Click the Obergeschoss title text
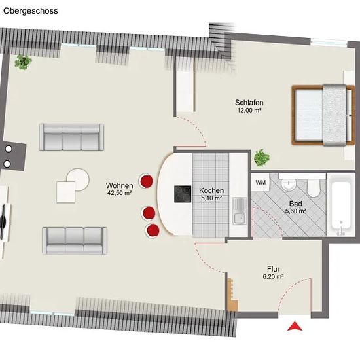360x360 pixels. pos(31,11)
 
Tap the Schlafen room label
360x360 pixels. pos(249,102)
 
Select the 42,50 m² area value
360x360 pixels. pos(119,193)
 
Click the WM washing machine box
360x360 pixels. pos(261,183)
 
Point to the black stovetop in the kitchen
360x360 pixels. pos(183,194)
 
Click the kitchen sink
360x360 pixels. pos(240,211)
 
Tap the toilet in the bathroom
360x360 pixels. pos(314,188)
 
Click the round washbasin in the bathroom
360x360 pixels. pos(289,185)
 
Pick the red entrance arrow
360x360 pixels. pos(295,326)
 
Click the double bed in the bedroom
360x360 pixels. pos(323,115)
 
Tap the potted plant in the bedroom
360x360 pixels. pos(262,158)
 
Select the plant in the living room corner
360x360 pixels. pos(23,62)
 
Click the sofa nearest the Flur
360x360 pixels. pos(75,241)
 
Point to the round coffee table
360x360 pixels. pos(78,179)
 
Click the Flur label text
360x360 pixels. pos(273,269)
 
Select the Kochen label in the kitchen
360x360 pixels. pos(211,190)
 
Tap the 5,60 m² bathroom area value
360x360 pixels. pos(295,211)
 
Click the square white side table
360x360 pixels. pos(66,192)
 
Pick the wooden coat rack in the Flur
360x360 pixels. pos(232,295)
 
